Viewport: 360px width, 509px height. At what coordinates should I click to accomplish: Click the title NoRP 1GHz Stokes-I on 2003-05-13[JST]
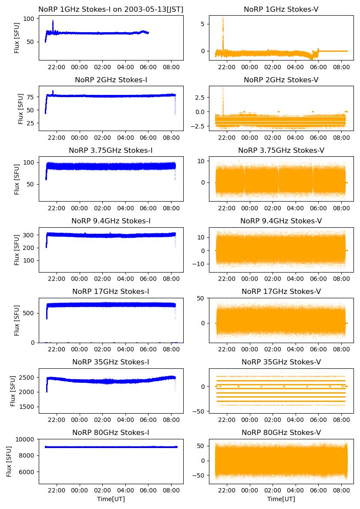click(x=111, y=9)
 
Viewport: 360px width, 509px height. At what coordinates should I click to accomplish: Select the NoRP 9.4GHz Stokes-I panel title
click(x=111, y=221)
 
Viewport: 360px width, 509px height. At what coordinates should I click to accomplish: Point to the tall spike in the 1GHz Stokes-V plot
click(x=223, y=20)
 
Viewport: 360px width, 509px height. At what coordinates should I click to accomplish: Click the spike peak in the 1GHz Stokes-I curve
click(x=53, y=21)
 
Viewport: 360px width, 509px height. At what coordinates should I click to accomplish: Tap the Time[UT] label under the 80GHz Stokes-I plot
click(x=111, y=499)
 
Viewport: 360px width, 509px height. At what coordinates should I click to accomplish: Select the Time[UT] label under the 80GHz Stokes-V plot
click(x=281, y=499)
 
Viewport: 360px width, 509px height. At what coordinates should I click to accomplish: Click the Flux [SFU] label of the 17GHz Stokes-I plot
click(x=17, y=320)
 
